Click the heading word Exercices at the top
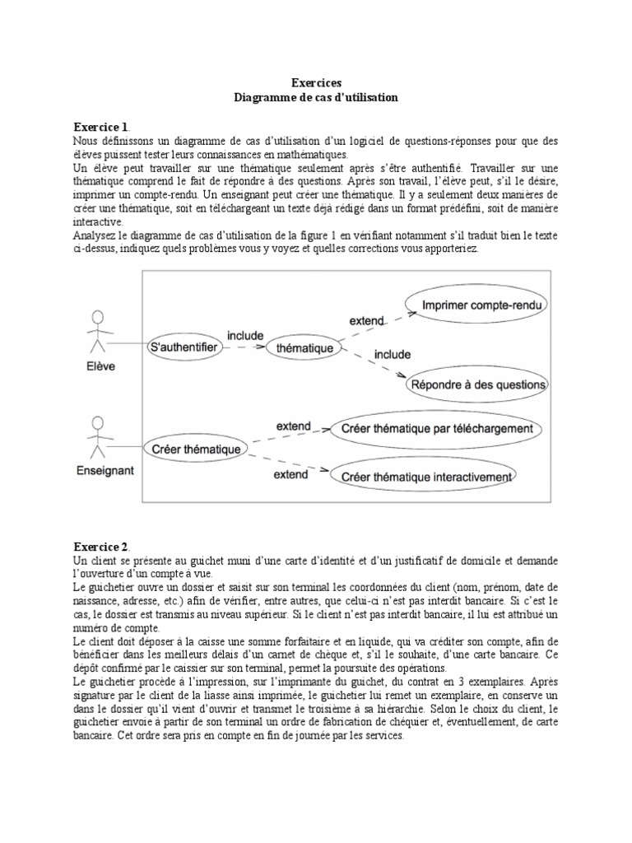point(315,83)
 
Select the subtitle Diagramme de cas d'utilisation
point(315,97)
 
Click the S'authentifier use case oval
point(184,348)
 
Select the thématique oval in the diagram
point(304,348)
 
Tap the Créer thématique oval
point(196,449)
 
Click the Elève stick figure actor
point(99,333)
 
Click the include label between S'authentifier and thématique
point(244,336)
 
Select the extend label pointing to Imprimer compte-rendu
point(366,320)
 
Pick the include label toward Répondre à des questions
point(393,355)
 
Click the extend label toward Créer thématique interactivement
point(291,475)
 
